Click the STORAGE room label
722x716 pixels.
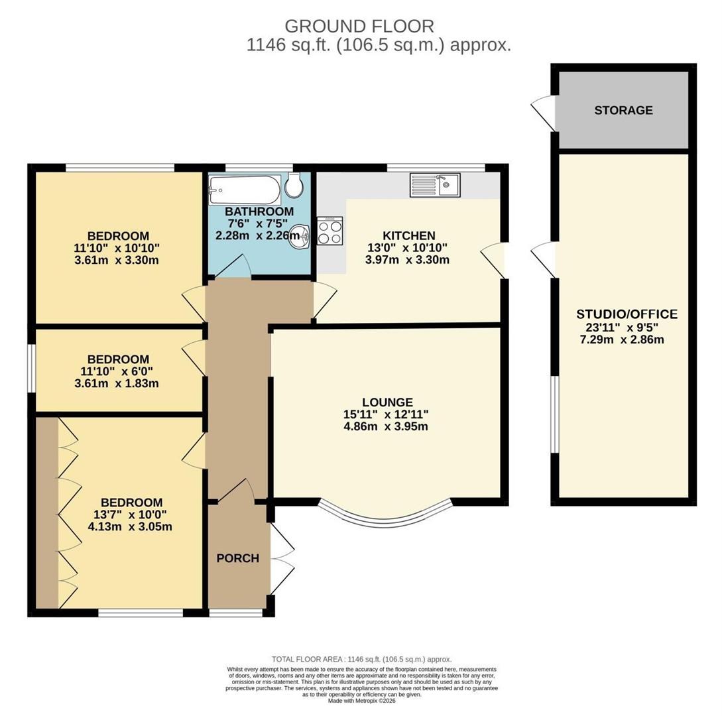(623, 111)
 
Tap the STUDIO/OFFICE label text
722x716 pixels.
(627, 314)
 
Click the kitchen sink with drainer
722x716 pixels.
(435, 185)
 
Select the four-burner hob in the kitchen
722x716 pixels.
(330, 231)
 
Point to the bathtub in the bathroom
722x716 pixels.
(244, 189)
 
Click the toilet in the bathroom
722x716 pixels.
(294, 184)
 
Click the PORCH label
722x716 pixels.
(237, 558)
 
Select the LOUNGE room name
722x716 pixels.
(387, 402)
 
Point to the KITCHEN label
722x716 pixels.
(409, 236)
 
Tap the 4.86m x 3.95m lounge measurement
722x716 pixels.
(386, 426)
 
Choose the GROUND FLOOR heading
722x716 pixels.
(359, 27)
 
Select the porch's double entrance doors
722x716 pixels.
(282, 558)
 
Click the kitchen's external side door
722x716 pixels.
(494, 260)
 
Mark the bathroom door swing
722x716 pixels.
(233, 266)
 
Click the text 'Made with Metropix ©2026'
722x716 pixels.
(361, 701)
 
